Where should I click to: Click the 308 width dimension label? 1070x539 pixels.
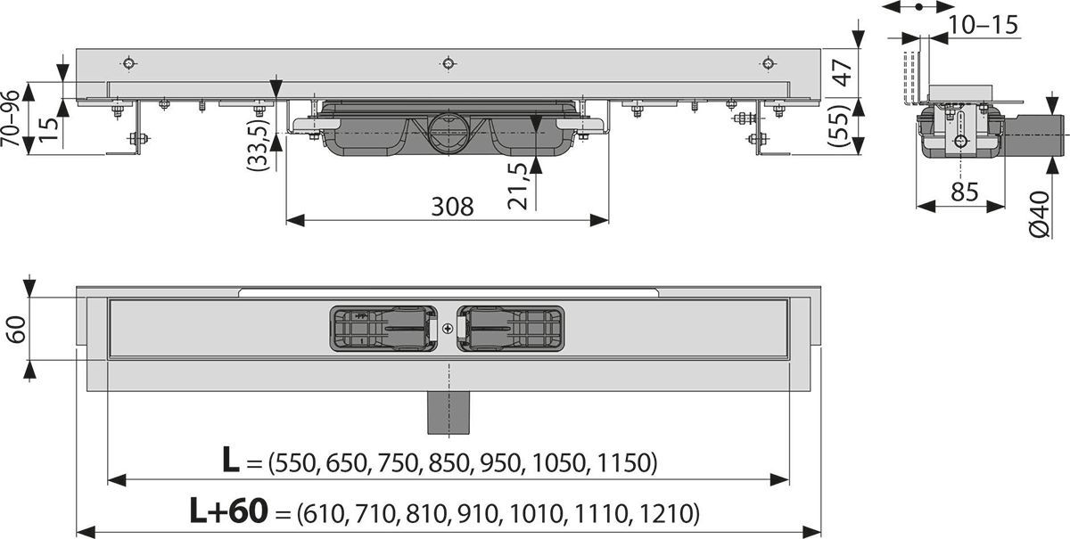(x=452, y=207)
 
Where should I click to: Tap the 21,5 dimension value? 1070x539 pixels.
(x=518, y=186)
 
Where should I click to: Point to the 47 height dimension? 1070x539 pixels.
(x=844, y=72)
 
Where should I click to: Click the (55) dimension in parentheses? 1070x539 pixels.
(x=840, y=126)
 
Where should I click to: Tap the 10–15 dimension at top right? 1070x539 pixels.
(x=983, y=25)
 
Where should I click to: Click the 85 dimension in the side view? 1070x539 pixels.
(x=965, y=192)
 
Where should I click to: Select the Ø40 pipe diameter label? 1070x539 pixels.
(x=1040, y=215)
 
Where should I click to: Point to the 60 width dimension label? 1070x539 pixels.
(x=17, y=330)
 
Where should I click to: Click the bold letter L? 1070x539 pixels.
(x=231, y=460)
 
